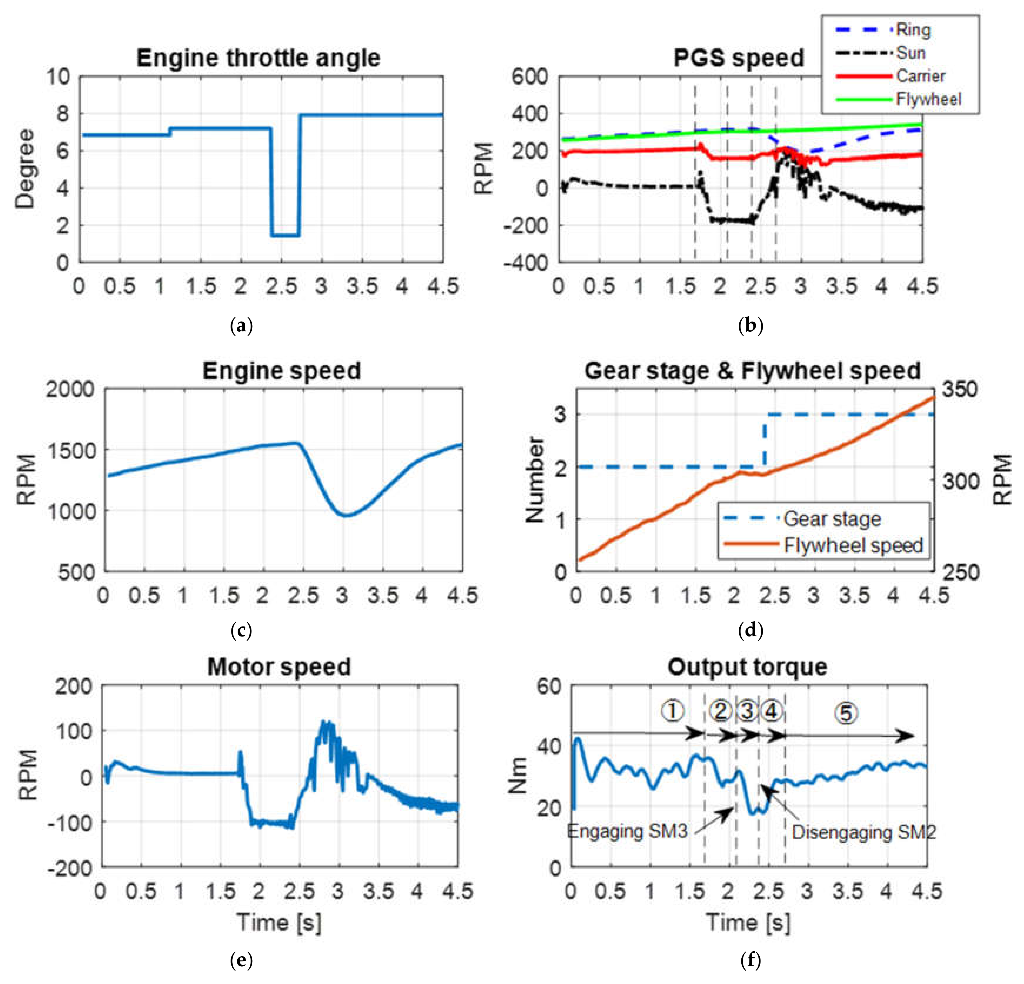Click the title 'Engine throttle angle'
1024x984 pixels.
tap(258, 57)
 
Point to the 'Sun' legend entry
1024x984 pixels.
tap(910, 53)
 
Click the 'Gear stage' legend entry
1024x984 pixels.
tap(832, 519)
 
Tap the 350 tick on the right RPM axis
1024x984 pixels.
tap(959, 390)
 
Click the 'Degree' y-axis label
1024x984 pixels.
tap(24, 169)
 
